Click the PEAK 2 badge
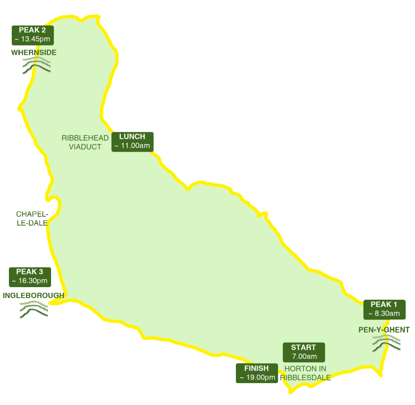pyautogui.click(x=33, y=35)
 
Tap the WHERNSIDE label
pyautogui.click(x=34, y=53)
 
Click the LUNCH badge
pyautogui.click(x=133, y=141)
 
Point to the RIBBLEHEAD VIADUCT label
pyautogui.click(x=85, y=142)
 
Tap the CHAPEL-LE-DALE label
pyautogui.click(x=32, y=218)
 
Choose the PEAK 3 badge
pyautogui.click(x=30, y=277)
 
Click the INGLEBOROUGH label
pyautogui.click(x=34, y=295)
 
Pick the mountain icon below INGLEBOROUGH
pyautogui.click(x=34, y=310)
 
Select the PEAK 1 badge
pyautogui.click(x=384, y=309)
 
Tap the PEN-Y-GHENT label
pyautogui.click(x=384, y=330)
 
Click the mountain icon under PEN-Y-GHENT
pyautogui.click(x=386, y=343)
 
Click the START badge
pyautogui.click(x=304, y=352)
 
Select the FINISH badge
pyautogui.click(x=257, y=373)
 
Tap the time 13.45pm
pyautogui.click(x=33, y=39)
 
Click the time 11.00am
pyautogui.click(x=133, y=146)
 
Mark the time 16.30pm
pyautogui.click(x=30, y=281)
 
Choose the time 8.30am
pyautogui.click(x=384, y=313)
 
